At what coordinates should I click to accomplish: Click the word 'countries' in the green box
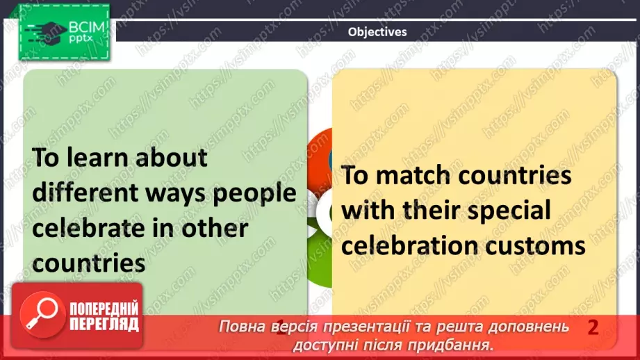[x=90, y=263]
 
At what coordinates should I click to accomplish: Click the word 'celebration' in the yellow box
[x=410, y=245]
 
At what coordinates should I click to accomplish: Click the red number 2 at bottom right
[x=593, y=327]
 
